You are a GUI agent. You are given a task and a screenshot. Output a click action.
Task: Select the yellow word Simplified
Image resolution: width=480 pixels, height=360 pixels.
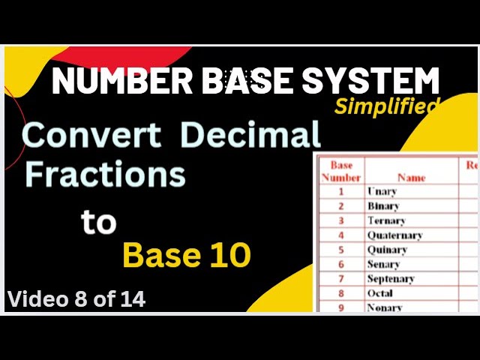386,106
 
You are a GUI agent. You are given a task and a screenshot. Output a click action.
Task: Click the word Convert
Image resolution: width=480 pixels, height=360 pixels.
91,136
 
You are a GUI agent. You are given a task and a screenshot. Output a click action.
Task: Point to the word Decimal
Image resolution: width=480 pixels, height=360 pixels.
250,136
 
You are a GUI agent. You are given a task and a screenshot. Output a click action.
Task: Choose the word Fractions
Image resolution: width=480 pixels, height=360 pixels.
105,174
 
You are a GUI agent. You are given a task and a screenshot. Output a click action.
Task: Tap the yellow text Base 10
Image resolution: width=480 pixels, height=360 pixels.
186,256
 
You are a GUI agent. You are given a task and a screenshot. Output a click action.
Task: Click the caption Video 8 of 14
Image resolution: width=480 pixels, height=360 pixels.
76,299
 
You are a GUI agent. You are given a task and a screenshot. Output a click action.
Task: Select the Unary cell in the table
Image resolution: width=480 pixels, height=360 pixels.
382,191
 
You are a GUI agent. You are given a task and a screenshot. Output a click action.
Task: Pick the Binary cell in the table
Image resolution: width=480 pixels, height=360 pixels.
383,206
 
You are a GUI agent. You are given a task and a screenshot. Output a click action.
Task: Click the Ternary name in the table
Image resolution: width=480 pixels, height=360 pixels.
386,220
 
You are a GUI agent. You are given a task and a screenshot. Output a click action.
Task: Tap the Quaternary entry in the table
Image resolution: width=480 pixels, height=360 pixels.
394,235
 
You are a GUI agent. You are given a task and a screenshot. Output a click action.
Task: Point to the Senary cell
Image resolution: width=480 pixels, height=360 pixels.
383,264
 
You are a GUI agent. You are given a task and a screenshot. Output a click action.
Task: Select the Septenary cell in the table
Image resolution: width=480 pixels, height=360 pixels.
391,279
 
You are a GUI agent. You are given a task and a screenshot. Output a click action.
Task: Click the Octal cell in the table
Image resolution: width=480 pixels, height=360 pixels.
380,293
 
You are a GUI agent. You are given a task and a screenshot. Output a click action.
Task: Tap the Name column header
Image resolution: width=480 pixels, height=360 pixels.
411,178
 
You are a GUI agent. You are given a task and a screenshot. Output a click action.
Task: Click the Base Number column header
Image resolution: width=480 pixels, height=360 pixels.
341,171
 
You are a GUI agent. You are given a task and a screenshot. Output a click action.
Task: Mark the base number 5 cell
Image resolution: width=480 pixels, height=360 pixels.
340,250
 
